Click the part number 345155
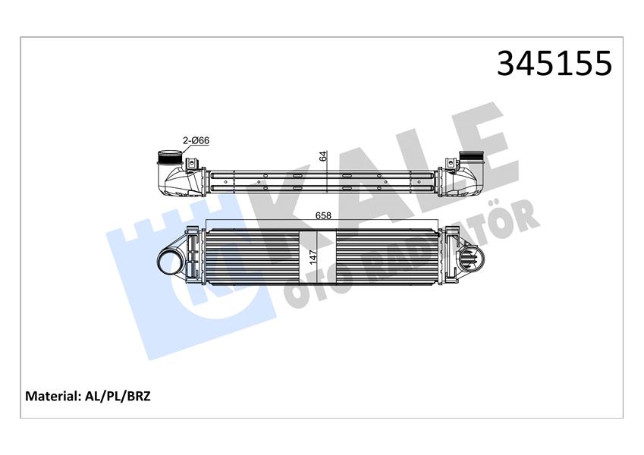[554, 64]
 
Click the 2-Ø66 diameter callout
[194, 140]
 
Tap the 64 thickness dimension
[322, 156]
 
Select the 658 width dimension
[322, 215]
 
